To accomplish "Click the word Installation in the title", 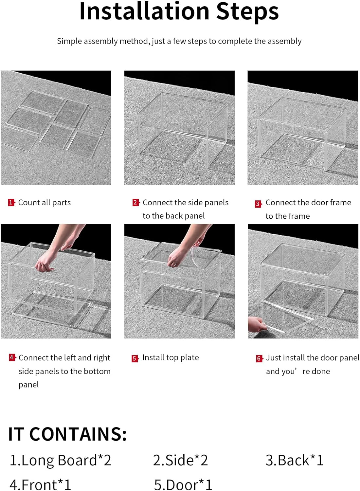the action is pyautogui.click(x=144, y=11).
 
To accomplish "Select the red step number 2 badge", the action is pyautogui.click(x=135, y=202).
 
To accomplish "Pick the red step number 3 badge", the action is pyautogui.click(x=258, y=204).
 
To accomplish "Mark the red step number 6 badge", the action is pyautogui.click(x=259, y=359).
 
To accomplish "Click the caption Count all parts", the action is pyautogui.click(x=45, y=203).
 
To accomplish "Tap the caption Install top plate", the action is pyautogui.click(x=171, y=357).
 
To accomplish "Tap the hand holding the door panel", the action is pyautogui.click(x=257, y=324).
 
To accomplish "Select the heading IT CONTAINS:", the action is pyautogui.click(x=67, y=434).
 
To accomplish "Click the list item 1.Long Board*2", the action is pyautogui.click(x=61, y=460).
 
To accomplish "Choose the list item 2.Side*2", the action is pyautogui.click(x=180, y=460).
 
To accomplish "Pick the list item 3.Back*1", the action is pyautogui.click(x=295, y=460).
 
